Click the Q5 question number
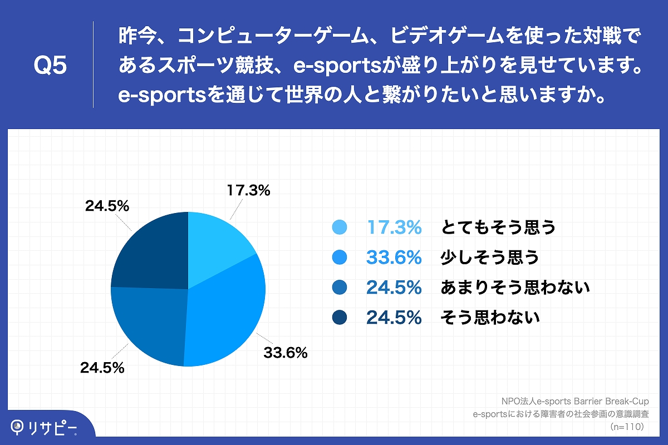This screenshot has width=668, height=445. [x=50, y=66]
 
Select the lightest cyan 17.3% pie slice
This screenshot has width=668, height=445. [x=214, y=245]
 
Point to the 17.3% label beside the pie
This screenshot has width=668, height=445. [x=248, y=191]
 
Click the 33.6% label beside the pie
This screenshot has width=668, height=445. [x=285, y=352]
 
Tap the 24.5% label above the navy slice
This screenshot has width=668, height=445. [x=107, y=206]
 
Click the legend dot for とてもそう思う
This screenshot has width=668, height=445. [x=339, y=227]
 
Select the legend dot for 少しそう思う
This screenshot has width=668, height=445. [x=339, y=257]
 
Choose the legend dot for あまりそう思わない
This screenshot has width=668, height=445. [x=339, y=287]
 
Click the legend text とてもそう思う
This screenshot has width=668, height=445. [x=498, y=227]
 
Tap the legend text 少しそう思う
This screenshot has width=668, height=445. [x=490, y=257]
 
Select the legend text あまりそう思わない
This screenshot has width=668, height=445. [x=515, y=287]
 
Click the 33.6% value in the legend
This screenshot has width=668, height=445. [x=394, y=257]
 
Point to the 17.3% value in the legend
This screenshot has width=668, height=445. [x=394, y=227]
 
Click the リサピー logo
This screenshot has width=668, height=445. [x=45, y=427]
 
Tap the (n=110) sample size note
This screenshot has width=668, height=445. [x=627, y=427]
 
